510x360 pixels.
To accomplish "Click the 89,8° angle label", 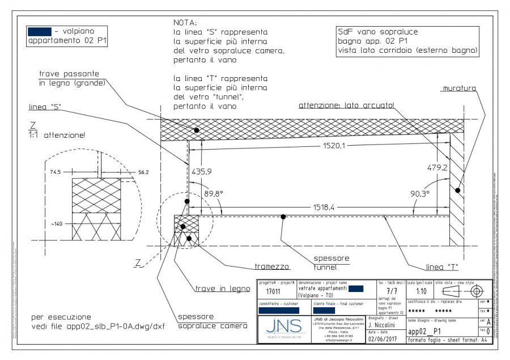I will click(x=213, y=193).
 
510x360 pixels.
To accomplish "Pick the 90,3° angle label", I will click(x=419, y=193).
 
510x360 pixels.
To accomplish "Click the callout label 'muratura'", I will click(x=460, y=88).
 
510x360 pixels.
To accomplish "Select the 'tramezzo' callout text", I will click(x=272, y=266).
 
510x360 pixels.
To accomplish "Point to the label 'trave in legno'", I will click(x=223, y=288).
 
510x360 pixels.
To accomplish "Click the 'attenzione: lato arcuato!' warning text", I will click(x=346, y=105).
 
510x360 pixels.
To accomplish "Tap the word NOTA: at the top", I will click(x=185, y=23).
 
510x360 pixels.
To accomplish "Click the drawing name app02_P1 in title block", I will click(x=425, y=332).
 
